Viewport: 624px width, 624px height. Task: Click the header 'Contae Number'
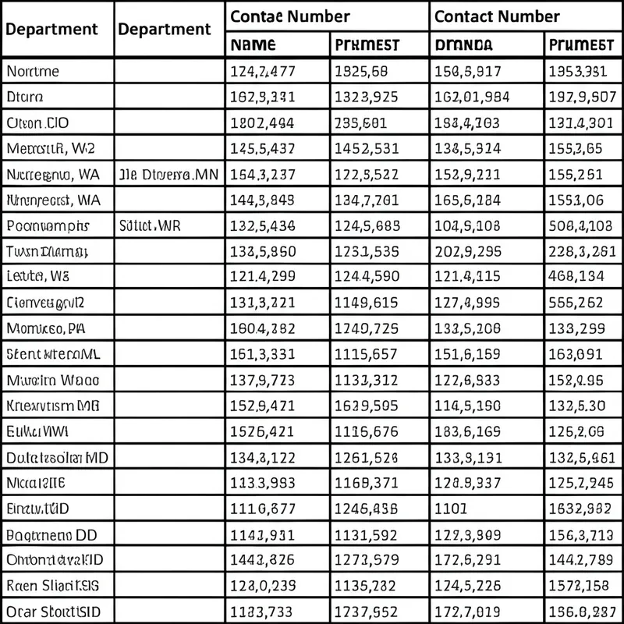289,16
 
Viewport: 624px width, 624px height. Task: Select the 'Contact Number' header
496,16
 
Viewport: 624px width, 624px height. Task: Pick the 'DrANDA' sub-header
463,45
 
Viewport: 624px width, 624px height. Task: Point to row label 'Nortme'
33,72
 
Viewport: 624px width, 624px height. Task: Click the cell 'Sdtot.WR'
150,226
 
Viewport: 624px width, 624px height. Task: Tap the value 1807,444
262,123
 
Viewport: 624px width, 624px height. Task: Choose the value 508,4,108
580,226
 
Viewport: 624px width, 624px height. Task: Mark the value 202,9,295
468,252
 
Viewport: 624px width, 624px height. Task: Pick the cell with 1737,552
366,611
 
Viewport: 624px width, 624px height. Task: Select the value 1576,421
262,431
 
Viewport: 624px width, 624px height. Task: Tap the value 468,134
576,277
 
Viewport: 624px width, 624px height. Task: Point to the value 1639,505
366,406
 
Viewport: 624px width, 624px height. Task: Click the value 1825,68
361,72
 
